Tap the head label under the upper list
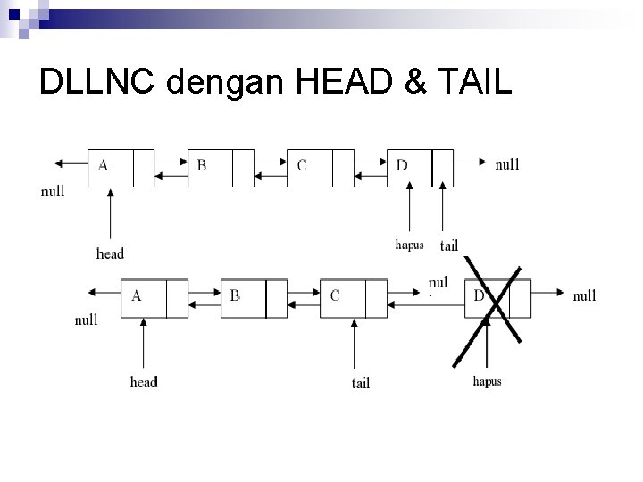110,253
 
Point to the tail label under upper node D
449,245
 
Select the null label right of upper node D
507,164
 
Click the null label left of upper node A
53,192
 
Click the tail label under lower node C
360,383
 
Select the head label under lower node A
144,382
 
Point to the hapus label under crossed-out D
487,381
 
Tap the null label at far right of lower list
584,295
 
